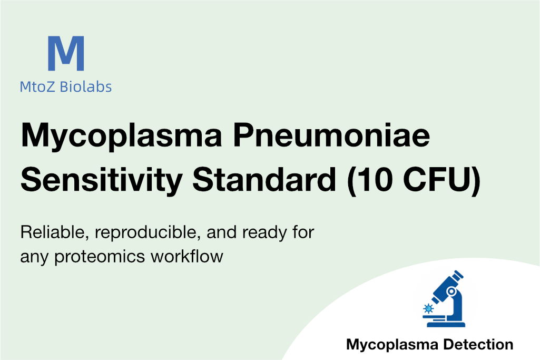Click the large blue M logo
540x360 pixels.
click(66, 53)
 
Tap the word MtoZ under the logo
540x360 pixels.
click(37, 87)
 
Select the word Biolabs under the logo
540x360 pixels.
click(86, 87)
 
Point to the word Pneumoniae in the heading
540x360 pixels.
click(332, 135)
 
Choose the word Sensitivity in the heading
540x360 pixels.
click(102, 180)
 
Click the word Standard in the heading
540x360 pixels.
click(264, 179)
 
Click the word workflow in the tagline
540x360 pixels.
click(187, 256)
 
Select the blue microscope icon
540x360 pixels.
click(444, 299)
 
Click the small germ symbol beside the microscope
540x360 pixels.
click(428, 308)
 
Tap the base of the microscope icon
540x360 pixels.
click(446, 324)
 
